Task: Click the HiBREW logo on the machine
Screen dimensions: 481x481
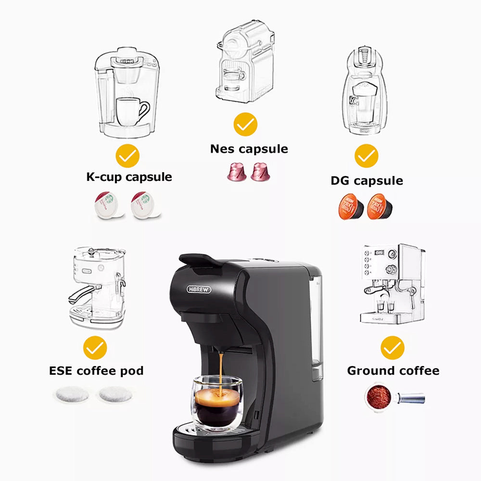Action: (x=199, y=289)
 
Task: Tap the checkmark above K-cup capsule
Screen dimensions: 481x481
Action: (x=127, y=156)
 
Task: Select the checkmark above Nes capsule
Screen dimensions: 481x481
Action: (x=246, y=125)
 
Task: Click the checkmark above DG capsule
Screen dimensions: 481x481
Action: (x=367, y=156)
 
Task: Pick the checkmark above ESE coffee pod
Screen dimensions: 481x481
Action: (x=95, y=347)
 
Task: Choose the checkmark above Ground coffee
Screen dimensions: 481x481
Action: (x=392, y=347)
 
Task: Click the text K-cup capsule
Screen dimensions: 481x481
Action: (x=129, y=177)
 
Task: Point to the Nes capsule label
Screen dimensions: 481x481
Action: (x=249, y=149)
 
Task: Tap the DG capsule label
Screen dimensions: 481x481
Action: (x=367, y=181)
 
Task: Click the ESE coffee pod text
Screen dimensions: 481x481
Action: (x=96, y=371)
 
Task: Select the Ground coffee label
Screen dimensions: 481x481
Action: (x=393, y=371)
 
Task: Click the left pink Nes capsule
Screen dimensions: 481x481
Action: (x=237, y=171)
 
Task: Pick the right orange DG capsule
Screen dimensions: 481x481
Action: (x=380, y=207)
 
